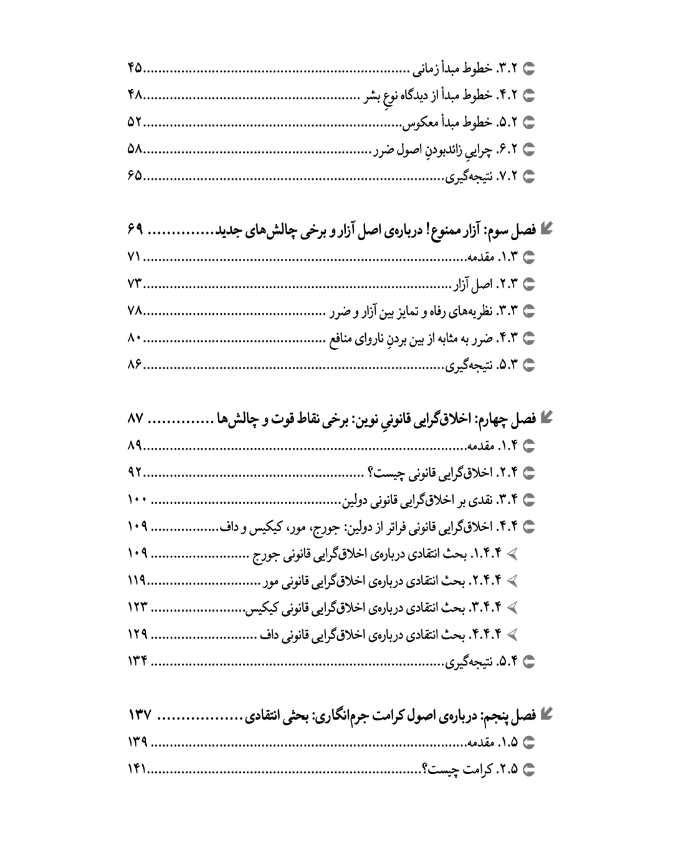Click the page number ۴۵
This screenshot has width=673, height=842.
[x=135, y=68]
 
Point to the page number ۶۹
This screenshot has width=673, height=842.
[x=135, y=230]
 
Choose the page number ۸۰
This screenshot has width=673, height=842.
[x=135, y=338]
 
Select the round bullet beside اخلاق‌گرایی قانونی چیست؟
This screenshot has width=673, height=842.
[x=530, y=473]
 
